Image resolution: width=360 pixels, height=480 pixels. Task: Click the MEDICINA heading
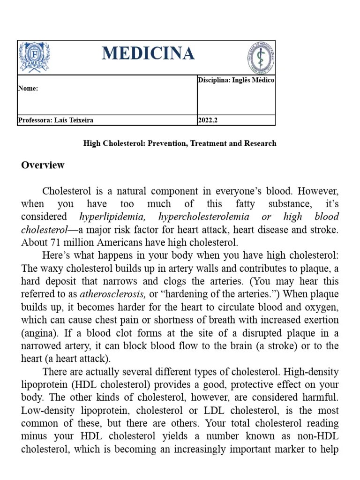[x=148, y=53]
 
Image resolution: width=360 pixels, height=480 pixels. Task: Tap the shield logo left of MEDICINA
[x=34, y=57]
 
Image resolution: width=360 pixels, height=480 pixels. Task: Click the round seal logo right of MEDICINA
[x=261, y=57]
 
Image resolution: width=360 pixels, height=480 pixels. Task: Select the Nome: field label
[x=28, y=89]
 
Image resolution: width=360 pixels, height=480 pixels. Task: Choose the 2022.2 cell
[x=208, y=120]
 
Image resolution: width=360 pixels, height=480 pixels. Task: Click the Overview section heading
[x=43, y=165]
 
